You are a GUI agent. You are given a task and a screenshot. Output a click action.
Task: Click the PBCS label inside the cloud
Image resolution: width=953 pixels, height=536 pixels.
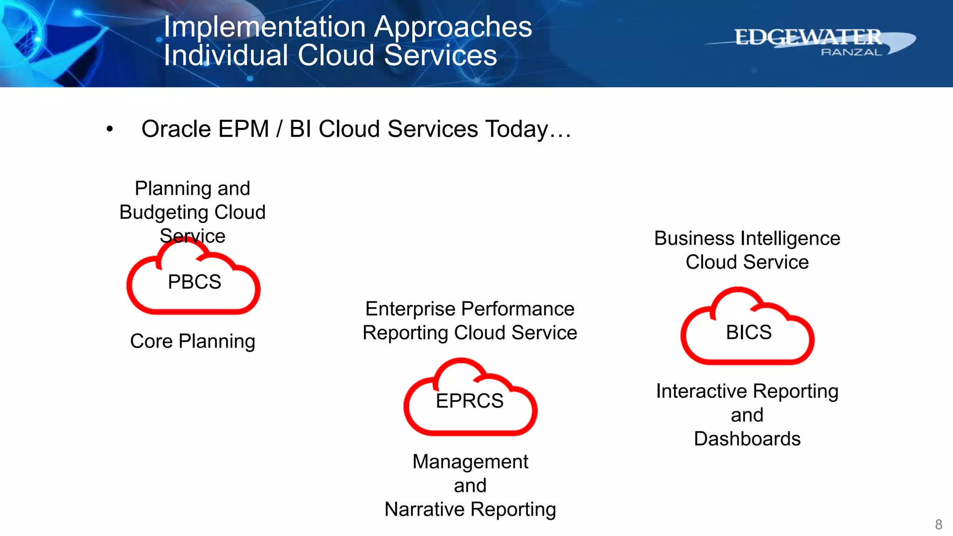(195, 282)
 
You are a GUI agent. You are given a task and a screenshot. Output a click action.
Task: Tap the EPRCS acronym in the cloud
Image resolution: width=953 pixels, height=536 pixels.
(470, 401)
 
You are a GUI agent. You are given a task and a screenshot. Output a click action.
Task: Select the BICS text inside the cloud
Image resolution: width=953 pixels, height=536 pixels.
(748, 333)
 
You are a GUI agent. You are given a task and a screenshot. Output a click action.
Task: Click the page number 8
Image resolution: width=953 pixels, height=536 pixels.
(938, 524)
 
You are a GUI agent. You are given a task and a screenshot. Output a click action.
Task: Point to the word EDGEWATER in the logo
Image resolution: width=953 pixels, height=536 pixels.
(808, 37)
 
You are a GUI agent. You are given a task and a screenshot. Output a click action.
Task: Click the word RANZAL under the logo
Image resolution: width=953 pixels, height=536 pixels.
(851, 53)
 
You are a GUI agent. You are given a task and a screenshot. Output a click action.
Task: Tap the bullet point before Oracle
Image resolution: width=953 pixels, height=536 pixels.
(109, 129)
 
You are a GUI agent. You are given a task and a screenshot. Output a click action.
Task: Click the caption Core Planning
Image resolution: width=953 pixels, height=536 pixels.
(193, 341)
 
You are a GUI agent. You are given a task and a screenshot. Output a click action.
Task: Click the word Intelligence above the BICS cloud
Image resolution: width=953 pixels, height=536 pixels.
(789, 238)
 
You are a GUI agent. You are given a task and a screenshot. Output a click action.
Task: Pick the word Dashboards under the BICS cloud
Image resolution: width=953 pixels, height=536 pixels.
(747, 439)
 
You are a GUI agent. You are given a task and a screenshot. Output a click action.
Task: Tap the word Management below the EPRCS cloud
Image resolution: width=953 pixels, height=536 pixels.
(470, 462)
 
